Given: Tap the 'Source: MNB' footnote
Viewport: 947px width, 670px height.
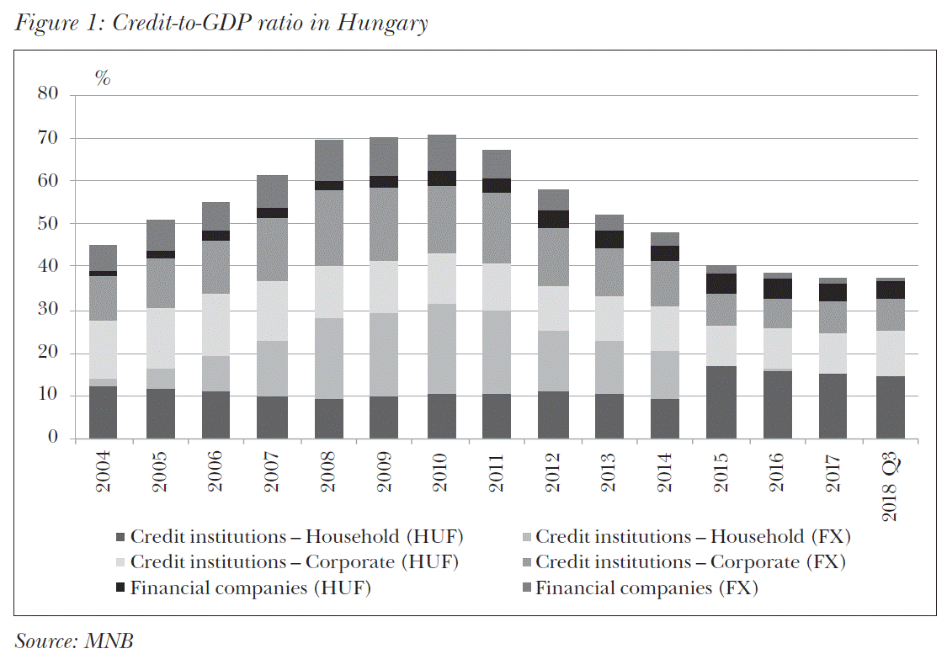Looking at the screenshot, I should (74, 641).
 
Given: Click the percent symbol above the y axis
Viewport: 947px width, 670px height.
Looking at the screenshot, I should (103, 79).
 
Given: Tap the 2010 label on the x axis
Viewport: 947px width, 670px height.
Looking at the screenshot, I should (441, 471).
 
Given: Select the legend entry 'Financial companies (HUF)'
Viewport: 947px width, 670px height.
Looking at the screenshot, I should (250, 588).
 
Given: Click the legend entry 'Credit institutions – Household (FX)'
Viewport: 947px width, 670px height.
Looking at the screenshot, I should (693, 536).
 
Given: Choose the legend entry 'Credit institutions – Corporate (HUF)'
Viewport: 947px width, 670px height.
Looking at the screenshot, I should (294, 562).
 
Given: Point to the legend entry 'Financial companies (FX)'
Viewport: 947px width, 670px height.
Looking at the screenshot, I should (646, 588).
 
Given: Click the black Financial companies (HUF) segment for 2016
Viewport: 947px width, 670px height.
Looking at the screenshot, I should (777, 289).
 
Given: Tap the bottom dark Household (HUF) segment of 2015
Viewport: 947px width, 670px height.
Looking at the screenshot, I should (721, 402).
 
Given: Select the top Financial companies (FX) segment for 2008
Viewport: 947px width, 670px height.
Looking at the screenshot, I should (328, 160).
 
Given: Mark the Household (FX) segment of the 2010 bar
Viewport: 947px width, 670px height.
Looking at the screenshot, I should (440, 348).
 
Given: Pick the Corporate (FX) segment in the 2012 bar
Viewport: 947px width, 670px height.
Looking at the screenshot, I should (553, 257).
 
